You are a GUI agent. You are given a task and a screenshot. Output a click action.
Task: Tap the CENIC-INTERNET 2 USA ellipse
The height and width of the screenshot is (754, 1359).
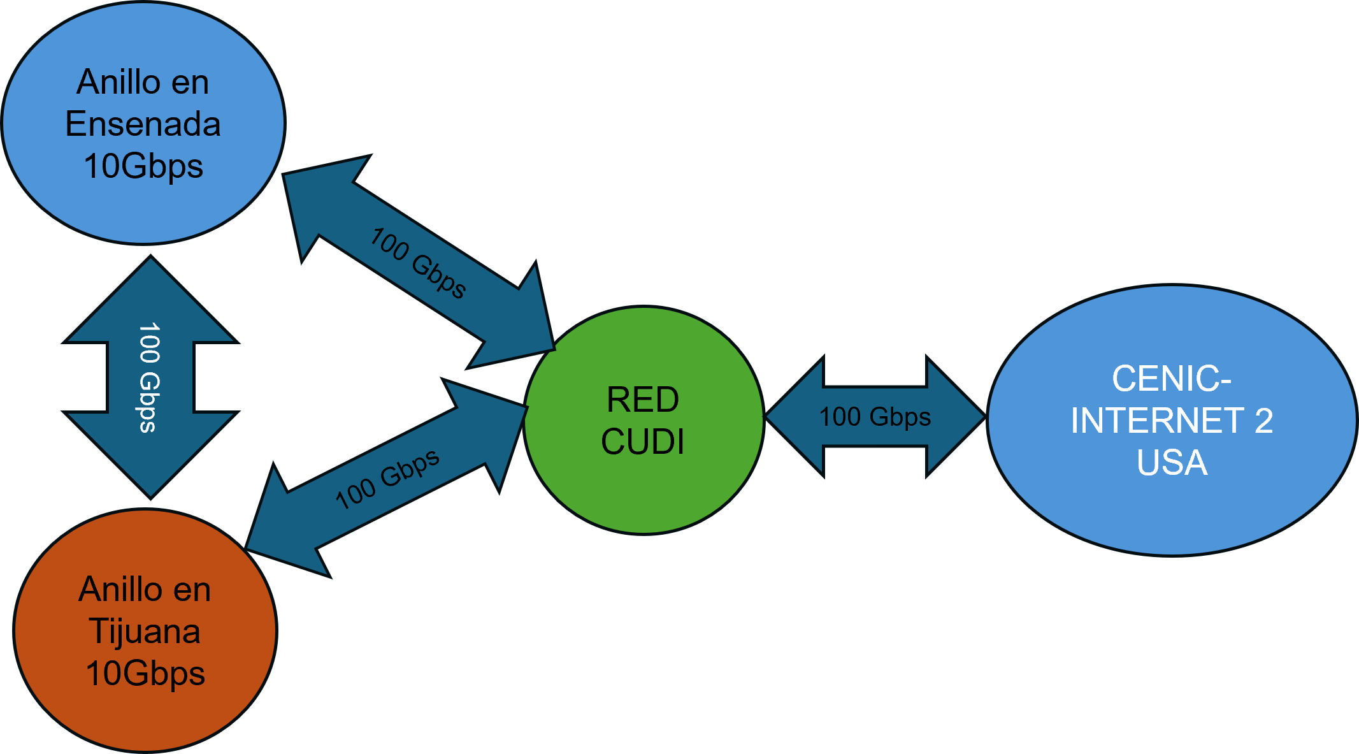(1172, 516)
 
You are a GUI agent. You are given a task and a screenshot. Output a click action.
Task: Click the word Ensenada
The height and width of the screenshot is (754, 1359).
(143, 124)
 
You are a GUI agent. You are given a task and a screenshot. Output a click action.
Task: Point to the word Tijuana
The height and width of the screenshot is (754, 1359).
(145, 631)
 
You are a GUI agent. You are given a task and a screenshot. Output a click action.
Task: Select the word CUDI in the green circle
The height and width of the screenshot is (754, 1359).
(642, 442)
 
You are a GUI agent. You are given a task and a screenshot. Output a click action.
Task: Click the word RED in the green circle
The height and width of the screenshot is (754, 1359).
(642, 400)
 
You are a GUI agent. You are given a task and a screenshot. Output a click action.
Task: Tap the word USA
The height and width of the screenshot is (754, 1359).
(1172, 462)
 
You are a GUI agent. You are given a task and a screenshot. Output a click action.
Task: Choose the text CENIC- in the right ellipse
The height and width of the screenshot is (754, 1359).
(1171, 379)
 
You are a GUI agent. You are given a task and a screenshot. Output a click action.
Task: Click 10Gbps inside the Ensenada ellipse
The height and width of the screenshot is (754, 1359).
(143, 166)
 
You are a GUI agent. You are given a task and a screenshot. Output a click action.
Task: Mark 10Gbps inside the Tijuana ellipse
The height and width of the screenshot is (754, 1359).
(145, 673)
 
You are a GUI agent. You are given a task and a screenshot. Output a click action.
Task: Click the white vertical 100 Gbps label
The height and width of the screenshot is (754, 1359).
(149, 377)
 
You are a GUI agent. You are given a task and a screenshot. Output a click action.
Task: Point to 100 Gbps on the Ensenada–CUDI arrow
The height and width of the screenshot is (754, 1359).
(418, 263)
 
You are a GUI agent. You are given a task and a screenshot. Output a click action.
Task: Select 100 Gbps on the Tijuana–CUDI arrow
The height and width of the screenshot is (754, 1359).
(387, 479)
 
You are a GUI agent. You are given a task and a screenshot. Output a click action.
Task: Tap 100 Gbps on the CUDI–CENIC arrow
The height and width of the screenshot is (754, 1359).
(874, 417)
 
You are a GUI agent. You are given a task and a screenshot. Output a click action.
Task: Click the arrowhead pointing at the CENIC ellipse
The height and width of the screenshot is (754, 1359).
(956, 417)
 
